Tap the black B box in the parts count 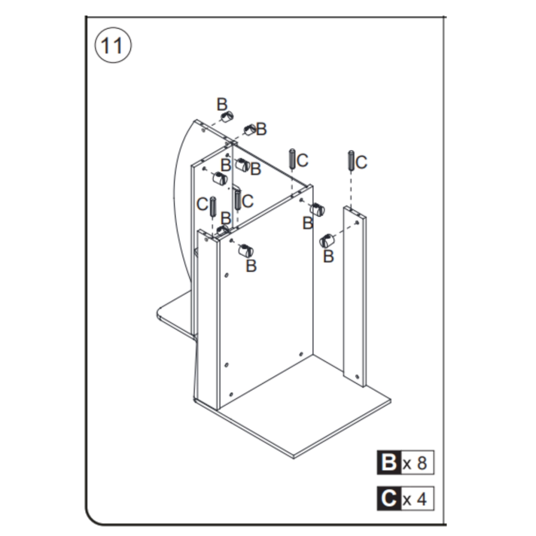389,462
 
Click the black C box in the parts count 389,499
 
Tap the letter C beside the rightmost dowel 362,162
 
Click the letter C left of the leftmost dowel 202,204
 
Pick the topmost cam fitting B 227,117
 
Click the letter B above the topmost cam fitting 222,104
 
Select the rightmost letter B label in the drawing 328,256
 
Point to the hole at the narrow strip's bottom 357,376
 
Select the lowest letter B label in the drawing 251,266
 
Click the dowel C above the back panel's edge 292,158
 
